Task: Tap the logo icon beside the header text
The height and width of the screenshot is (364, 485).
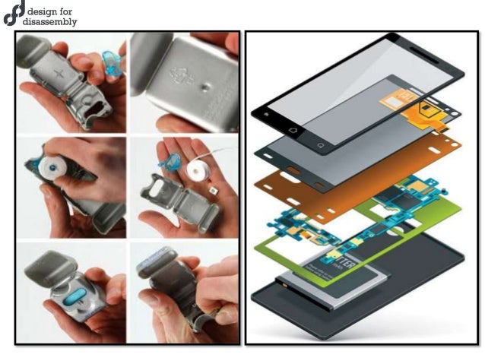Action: [x=13, y=15]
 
